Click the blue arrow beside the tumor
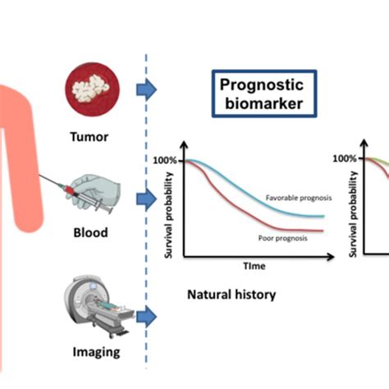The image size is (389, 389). pos(146,91)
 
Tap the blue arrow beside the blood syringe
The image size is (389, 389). pos(146,199)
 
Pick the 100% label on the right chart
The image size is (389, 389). pos(345,159)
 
